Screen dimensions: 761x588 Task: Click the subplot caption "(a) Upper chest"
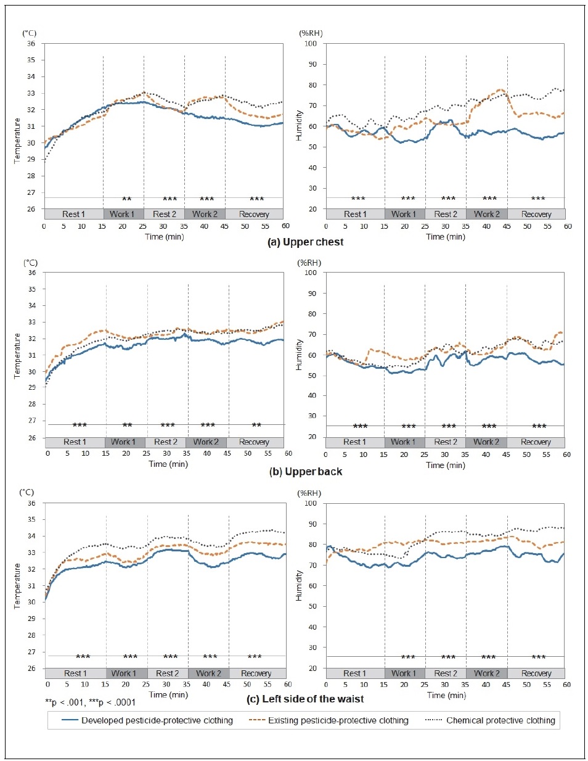coord(305,242)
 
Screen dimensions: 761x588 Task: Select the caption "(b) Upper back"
coord(306,471)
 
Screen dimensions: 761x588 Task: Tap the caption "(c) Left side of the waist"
coord(305,699)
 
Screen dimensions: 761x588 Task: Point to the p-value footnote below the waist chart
coord(90,702)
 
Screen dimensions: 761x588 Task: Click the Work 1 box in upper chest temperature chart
coord(123,214)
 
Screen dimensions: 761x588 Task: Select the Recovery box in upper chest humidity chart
coord(536,214)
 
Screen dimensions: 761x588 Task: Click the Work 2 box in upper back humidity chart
coord(486,442)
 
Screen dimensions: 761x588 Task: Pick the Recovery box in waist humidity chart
coord(536,673)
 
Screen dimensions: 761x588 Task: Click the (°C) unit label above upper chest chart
coord(30,33)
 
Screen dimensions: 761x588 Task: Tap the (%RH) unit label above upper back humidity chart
coord(309,263)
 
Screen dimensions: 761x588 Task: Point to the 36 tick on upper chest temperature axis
coord(31,44)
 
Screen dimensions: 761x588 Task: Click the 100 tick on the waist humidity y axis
coord(311,503)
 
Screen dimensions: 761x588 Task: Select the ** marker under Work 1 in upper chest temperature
coord(126,199)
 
